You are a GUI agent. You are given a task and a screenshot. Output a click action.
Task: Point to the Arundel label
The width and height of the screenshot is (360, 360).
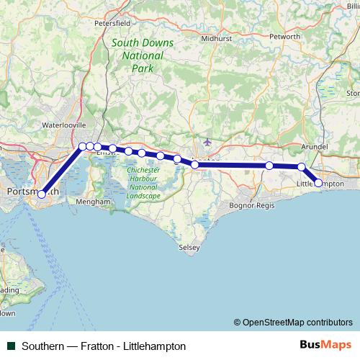(x=314, y=146)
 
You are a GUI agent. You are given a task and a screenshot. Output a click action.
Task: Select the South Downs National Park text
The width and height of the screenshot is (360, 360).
(x=143, y=55)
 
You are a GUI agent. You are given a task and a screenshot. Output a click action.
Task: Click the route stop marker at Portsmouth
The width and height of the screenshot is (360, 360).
(x=42, y=194)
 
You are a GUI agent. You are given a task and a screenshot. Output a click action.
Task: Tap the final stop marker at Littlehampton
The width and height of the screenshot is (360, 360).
(x=319, y=183)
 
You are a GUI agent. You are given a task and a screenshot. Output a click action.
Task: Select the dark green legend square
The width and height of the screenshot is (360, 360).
(x=11, y=346)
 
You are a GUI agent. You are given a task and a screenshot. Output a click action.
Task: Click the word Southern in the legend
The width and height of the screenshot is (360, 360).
(x=42, y=346)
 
